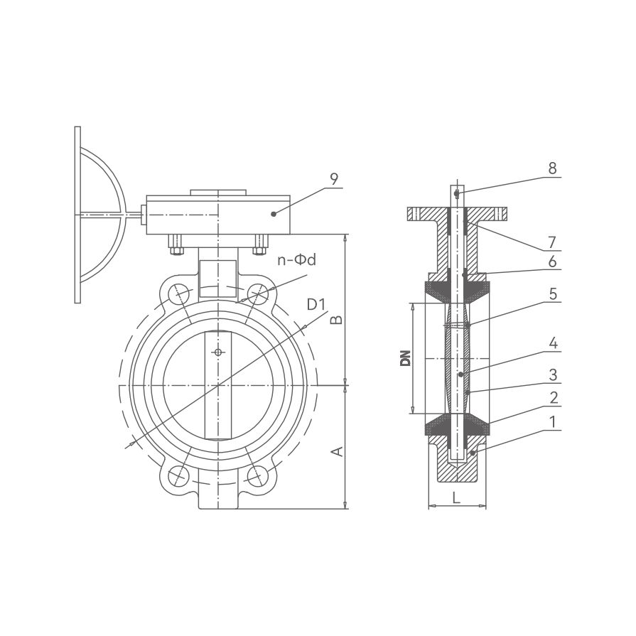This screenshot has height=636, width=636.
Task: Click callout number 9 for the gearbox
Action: [334, 179]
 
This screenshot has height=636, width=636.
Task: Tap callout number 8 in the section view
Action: [552, 168]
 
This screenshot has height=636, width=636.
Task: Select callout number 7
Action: [552, 242]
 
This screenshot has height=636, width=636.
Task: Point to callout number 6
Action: [552, 262]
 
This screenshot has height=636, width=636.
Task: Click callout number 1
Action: [552, 422]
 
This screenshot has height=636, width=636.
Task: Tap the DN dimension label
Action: [405, 358]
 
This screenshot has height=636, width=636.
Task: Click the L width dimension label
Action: [457, 497]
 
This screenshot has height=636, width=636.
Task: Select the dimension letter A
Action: [338, 451]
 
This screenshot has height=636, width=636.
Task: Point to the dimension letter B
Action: [337, 320]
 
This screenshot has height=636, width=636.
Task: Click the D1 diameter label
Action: [316, 304]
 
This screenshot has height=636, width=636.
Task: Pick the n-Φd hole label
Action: [296, 260]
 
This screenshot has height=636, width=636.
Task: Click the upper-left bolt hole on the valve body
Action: [178, 293]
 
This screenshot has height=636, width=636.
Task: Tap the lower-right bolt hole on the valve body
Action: [258, 475]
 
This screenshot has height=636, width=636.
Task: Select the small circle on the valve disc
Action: [219, 352]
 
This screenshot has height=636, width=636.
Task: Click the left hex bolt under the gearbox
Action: [176, 245]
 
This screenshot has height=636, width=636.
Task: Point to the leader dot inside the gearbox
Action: [274, 214]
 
